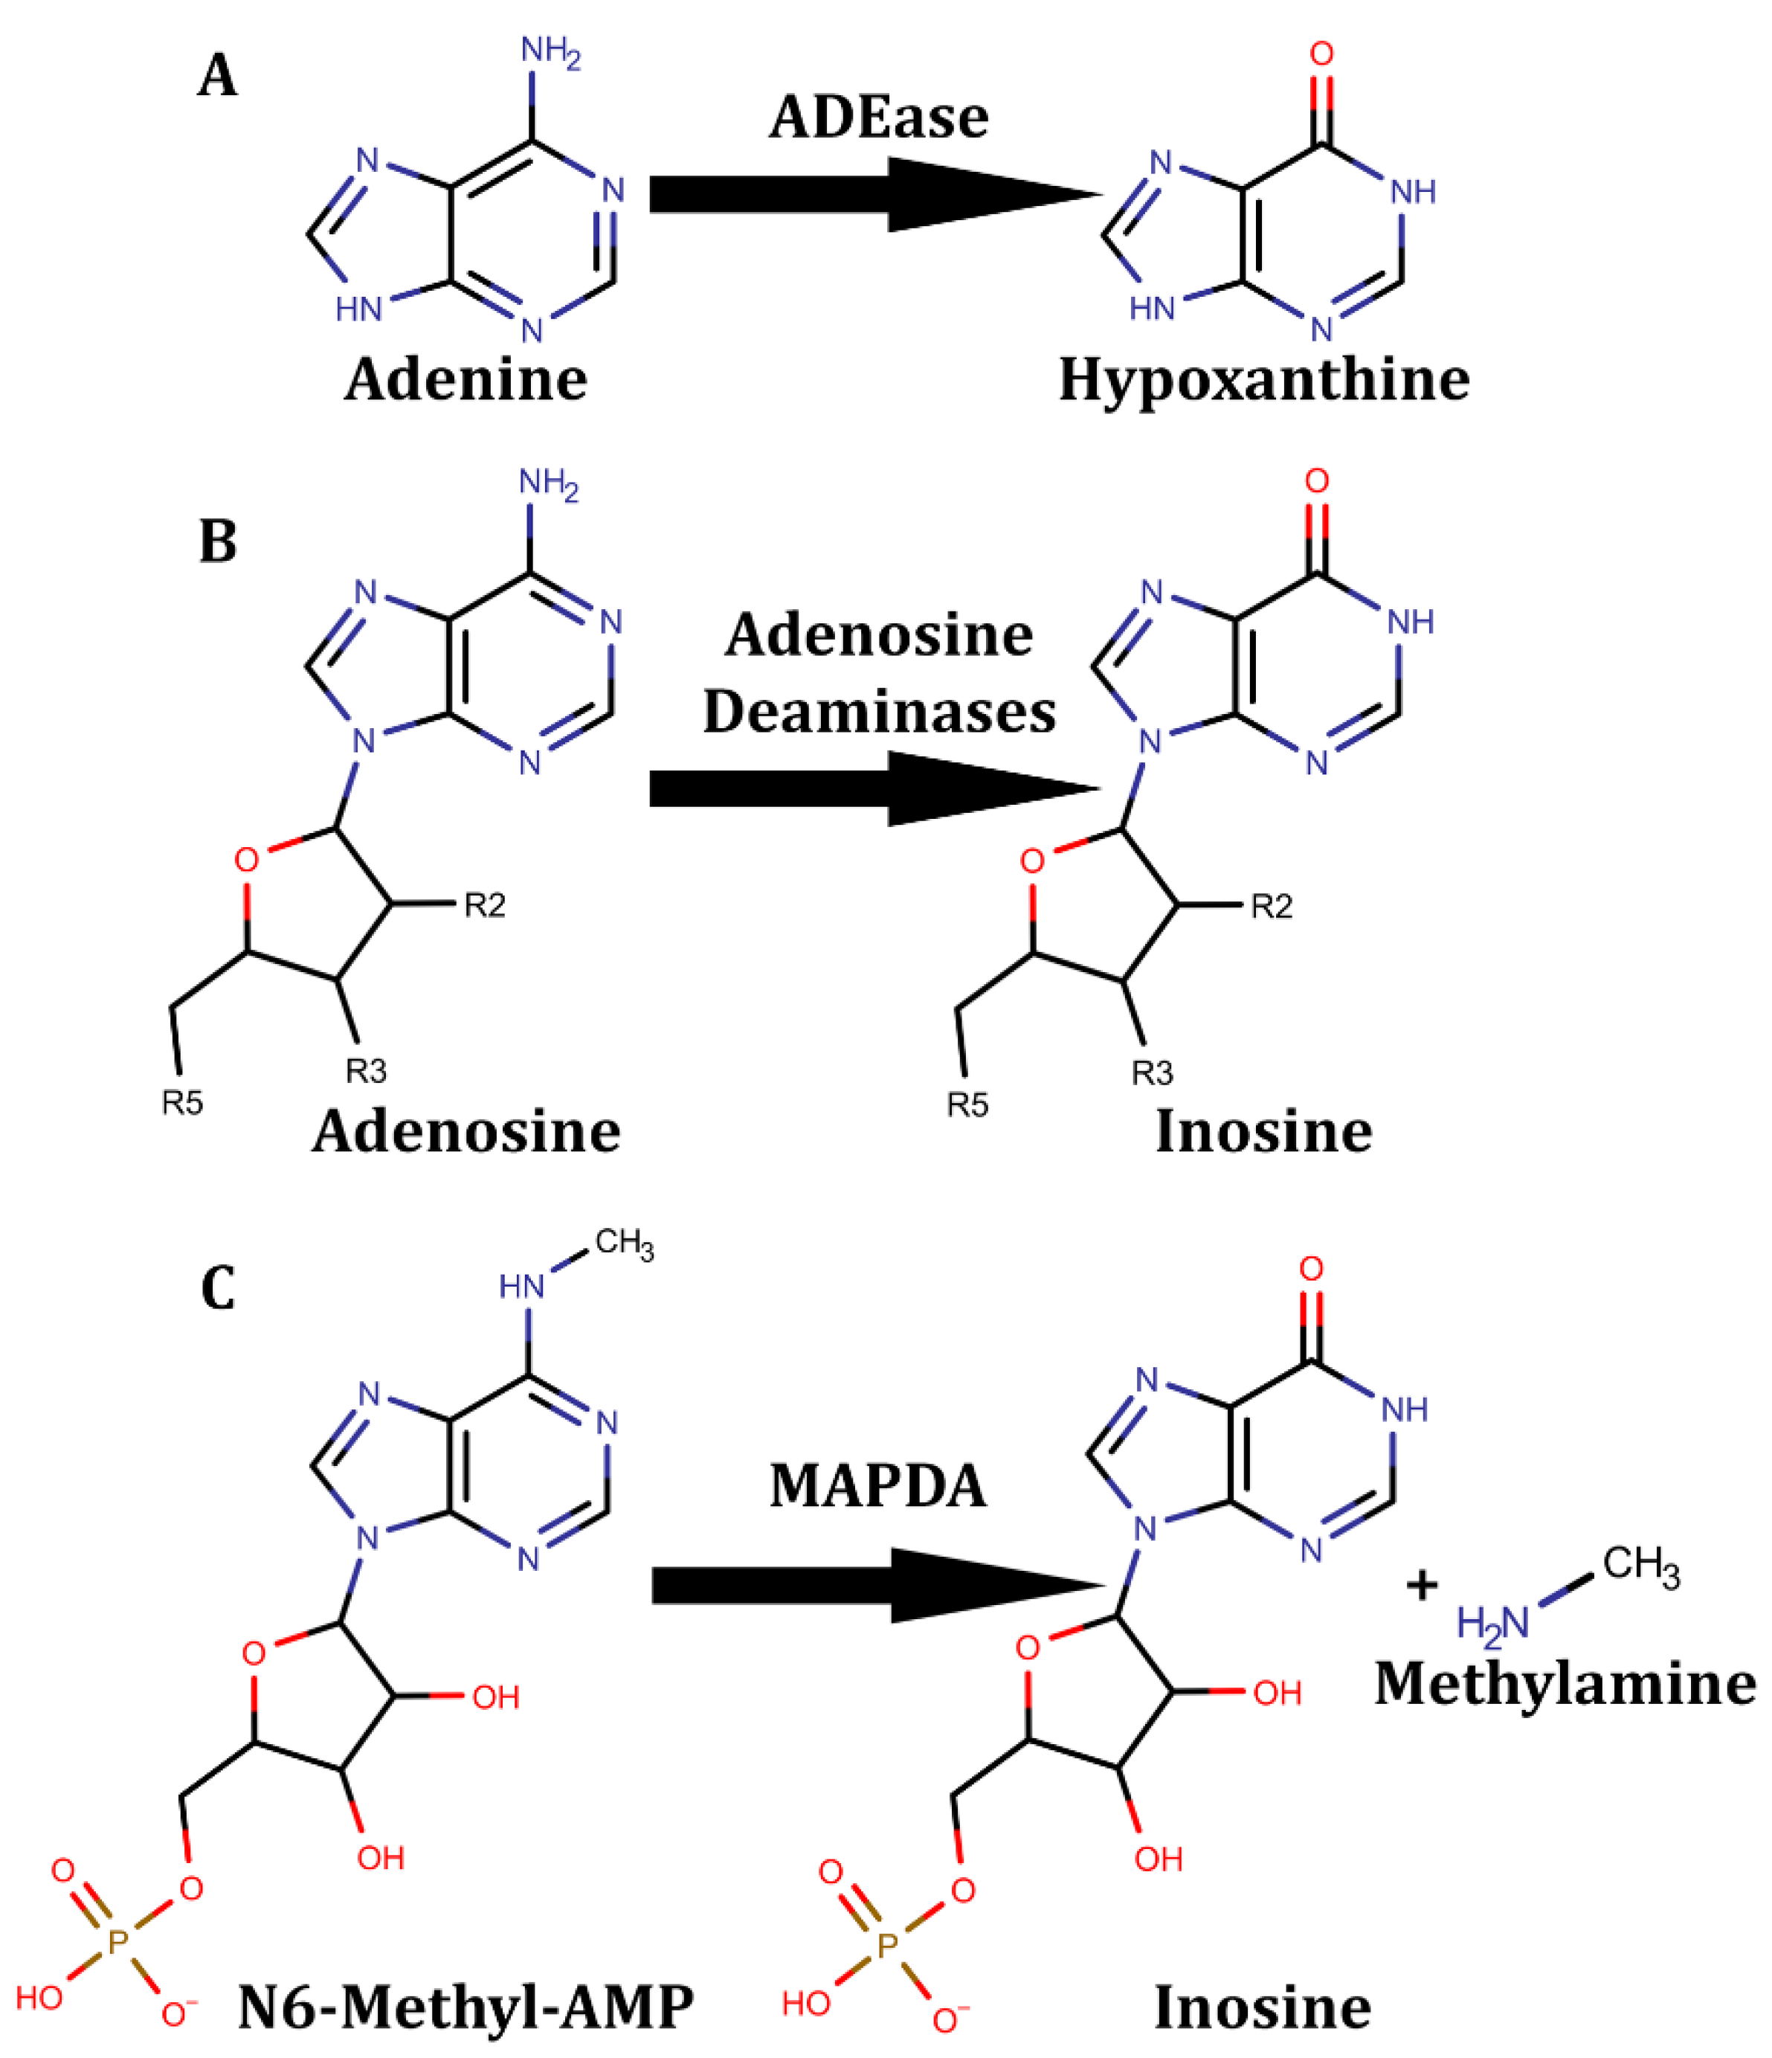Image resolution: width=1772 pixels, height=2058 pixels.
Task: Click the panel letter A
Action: [218, 77]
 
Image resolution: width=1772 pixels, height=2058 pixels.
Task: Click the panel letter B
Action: [218, 541]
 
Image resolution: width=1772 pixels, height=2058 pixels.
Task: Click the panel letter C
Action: [218, 1289]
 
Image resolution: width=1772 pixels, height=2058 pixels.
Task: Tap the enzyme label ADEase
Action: [878, 118]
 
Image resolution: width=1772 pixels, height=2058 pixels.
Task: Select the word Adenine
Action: [465, 379]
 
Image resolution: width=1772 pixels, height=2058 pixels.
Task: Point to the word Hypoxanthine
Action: [1263, 379]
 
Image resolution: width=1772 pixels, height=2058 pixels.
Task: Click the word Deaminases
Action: [878, 712]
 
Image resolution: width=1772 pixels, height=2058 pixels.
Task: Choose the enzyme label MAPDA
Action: [878, 1487]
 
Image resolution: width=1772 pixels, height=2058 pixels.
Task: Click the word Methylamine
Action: [1565, 1685]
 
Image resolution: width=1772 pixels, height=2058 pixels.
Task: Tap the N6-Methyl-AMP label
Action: [465, 2007]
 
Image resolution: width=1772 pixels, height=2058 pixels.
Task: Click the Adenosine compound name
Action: [465, 1131]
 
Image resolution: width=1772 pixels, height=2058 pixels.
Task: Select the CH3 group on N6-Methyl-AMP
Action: [624, 1244]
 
